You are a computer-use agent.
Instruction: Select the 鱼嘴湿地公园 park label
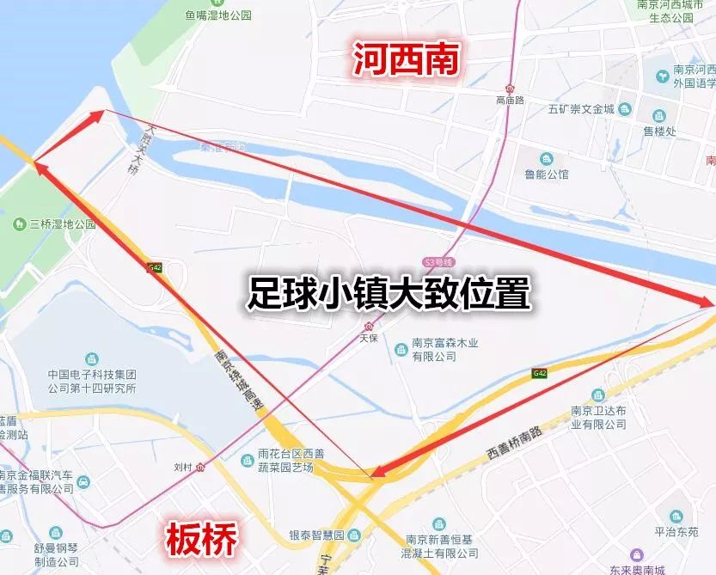218,15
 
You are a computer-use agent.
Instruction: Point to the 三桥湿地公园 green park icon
19,223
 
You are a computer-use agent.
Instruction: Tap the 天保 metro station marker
369,326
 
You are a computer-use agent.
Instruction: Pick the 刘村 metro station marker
200,468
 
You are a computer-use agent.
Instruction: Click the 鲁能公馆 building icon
547,158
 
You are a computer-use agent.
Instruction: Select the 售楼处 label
659,132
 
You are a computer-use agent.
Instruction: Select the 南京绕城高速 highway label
238,382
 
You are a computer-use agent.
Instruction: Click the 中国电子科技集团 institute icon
91,359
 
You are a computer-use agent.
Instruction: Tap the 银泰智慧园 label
315,535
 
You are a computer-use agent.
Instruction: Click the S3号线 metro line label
438,261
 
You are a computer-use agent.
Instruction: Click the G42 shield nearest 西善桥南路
539,373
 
